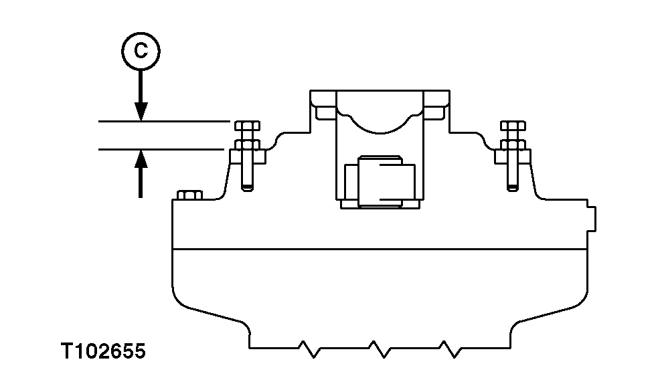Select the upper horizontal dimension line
164,122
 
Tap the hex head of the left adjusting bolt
247,126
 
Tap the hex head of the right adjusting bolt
513,126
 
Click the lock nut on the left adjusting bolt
247,144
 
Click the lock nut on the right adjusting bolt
513,144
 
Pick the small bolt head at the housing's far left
189,195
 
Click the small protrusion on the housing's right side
592,218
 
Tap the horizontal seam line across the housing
382,249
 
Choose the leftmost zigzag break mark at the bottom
309,347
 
